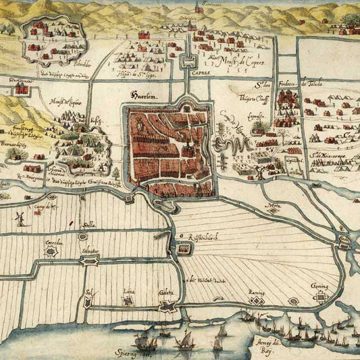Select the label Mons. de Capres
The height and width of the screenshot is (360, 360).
point(232,66)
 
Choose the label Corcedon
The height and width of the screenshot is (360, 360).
point(53,242)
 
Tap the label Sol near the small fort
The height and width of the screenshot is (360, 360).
point(87,292)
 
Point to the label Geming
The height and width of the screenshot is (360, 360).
point(321,286)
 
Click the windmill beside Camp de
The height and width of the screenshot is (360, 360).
point(20,217)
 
